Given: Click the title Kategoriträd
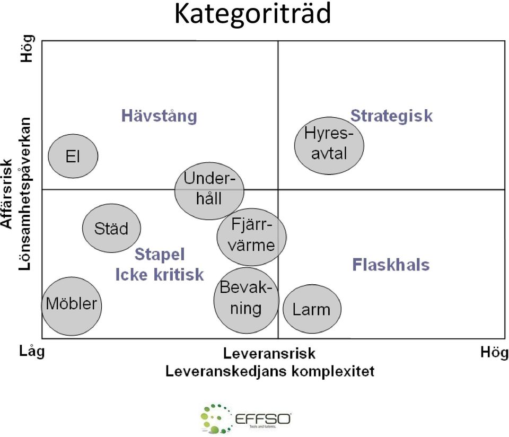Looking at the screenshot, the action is [252, 14].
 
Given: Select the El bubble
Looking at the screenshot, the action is [73, 156].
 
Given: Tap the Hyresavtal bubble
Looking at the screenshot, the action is [329, 146].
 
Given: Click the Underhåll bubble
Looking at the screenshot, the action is [209, 191].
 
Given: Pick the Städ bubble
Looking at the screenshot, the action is [112, 228].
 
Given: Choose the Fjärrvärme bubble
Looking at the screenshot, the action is [251, 238].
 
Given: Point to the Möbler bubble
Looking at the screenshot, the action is [72, 306].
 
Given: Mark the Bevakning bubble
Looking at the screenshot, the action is [247, 300].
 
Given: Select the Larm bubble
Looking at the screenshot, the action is [312, 309].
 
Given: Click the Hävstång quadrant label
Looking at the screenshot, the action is [159, 116].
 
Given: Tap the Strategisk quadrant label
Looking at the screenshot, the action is [391, 116].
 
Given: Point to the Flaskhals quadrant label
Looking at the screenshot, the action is [391, 265].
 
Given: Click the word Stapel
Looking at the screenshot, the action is [160, 254].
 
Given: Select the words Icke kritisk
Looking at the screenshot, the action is [160, 275].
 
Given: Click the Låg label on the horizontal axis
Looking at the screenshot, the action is [32, 351].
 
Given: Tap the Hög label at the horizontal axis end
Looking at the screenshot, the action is [494, 352].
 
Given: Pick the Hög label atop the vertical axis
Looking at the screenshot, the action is [27, 48].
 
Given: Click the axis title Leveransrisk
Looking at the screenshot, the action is [269, 353].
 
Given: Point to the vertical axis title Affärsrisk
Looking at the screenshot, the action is [7, 194].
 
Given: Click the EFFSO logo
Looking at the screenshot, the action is [245, 419].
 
